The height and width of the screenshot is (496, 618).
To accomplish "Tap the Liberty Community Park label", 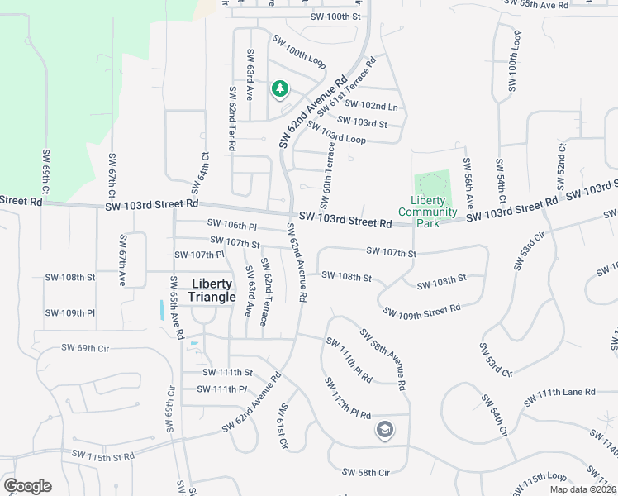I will [427, 206].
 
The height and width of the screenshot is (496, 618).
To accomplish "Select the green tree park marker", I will [280, 88].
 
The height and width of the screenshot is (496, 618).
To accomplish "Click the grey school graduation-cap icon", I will [384, 429].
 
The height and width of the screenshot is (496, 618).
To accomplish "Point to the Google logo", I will [27, 486].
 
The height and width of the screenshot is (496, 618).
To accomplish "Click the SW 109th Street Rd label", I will [421, 311].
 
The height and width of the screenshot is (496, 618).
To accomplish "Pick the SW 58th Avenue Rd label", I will [383, 359].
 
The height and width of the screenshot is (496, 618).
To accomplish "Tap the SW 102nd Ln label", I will [372, 106].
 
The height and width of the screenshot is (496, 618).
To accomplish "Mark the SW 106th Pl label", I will [232, 225].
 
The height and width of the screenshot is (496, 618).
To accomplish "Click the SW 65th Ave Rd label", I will [176, 307].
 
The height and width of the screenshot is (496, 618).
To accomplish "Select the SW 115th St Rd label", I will [103, 456].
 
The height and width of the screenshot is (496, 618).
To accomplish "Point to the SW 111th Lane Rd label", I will [559, 398].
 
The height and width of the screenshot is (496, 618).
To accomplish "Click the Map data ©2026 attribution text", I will [582, 489].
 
